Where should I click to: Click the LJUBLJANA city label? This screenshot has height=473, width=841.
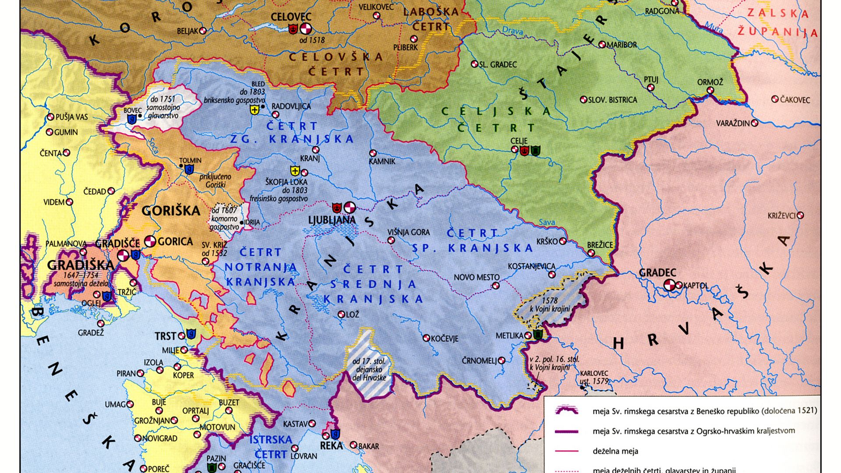(x=332, y=220)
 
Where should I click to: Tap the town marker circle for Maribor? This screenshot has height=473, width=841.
(x=602, y=45)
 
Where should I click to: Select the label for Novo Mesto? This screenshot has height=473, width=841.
(x=477, y=277)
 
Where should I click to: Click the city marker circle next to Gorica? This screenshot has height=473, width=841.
(x=150, y=241)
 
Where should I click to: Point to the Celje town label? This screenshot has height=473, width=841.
(x=519, y=141)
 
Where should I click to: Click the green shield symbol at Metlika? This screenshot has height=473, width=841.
(x=538, y=335)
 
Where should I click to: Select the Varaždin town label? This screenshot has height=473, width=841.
(x=733, y=124)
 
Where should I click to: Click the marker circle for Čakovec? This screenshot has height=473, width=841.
(x=775, y=99)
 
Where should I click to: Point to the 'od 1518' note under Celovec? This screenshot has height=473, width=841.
(x=312, y=40)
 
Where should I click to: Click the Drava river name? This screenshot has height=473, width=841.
(x=512, y=30)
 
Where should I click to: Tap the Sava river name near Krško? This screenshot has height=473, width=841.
(x=547, y=222)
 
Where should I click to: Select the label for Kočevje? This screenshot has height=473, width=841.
(x=444, y=339)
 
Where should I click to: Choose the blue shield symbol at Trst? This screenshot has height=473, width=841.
(x=191, y=334)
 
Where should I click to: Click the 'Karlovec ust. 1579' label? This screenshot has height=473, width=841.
(x=594, y=378)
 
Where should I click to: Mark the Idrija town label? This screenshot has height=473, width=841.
(x=252, y=222)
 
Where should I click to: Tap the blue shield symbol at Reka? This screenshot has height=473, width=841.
(x=335, y=434)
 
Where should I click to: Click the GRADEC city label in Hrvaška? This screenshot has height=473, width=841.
(x=657, y=272)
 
